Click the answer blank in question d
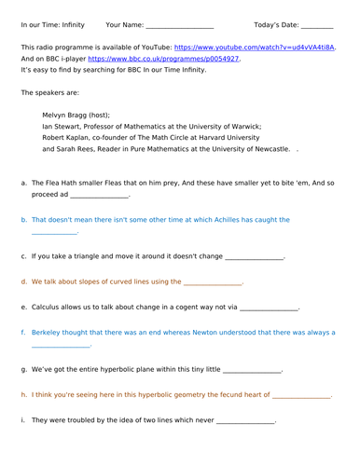tap(213, 281)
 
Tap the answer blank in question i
tap(245, 421)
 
